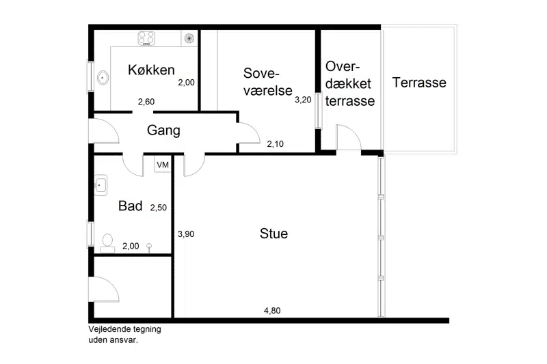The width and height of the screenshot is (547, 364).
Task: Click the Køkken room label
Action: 151,70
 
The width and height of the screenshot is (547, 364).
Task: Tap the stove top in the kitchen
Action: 146,38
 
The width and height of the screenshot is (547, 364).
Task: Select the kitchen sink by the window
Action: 103,78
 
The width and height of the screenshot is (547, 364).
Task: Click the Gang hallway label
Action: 163,130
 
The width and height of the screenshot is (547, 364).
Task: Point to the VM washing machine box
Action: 163,164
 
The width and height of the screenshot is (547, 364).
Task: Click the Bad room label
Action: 131,206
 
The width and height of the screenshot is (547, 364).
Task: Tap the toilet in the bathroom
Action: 107,243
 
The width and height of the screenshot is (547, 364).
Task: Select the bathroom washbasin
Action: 101,185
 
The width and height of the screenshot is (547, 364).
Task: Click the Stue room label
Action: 274,234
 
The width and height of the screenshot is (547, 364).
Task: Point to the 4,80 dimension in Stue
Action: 272,310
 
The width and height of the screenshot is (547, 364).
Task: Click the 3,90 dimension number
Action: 186,234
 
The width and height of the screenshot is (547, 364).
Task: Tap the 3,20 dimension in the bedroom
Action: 303,100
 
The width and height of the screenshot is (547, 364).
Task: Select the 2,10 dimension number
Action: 276,143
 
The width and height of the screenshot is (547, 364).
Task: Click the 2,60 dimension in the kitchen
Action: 146,102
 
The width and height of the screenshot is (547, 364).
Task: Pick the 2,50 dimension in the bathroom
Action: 159,208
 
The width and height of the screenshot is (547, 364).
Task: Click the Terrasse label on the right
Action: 419,83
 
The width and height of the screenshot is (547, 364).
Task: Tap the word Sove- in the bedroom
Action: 262,73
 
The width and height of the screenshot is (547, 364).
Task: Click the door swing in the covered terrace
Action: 349,137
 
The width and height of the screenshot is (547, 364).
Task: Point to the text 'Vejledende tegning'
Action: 124,329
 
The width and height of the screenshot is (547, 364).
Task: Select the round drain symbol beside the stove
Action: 189,38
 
